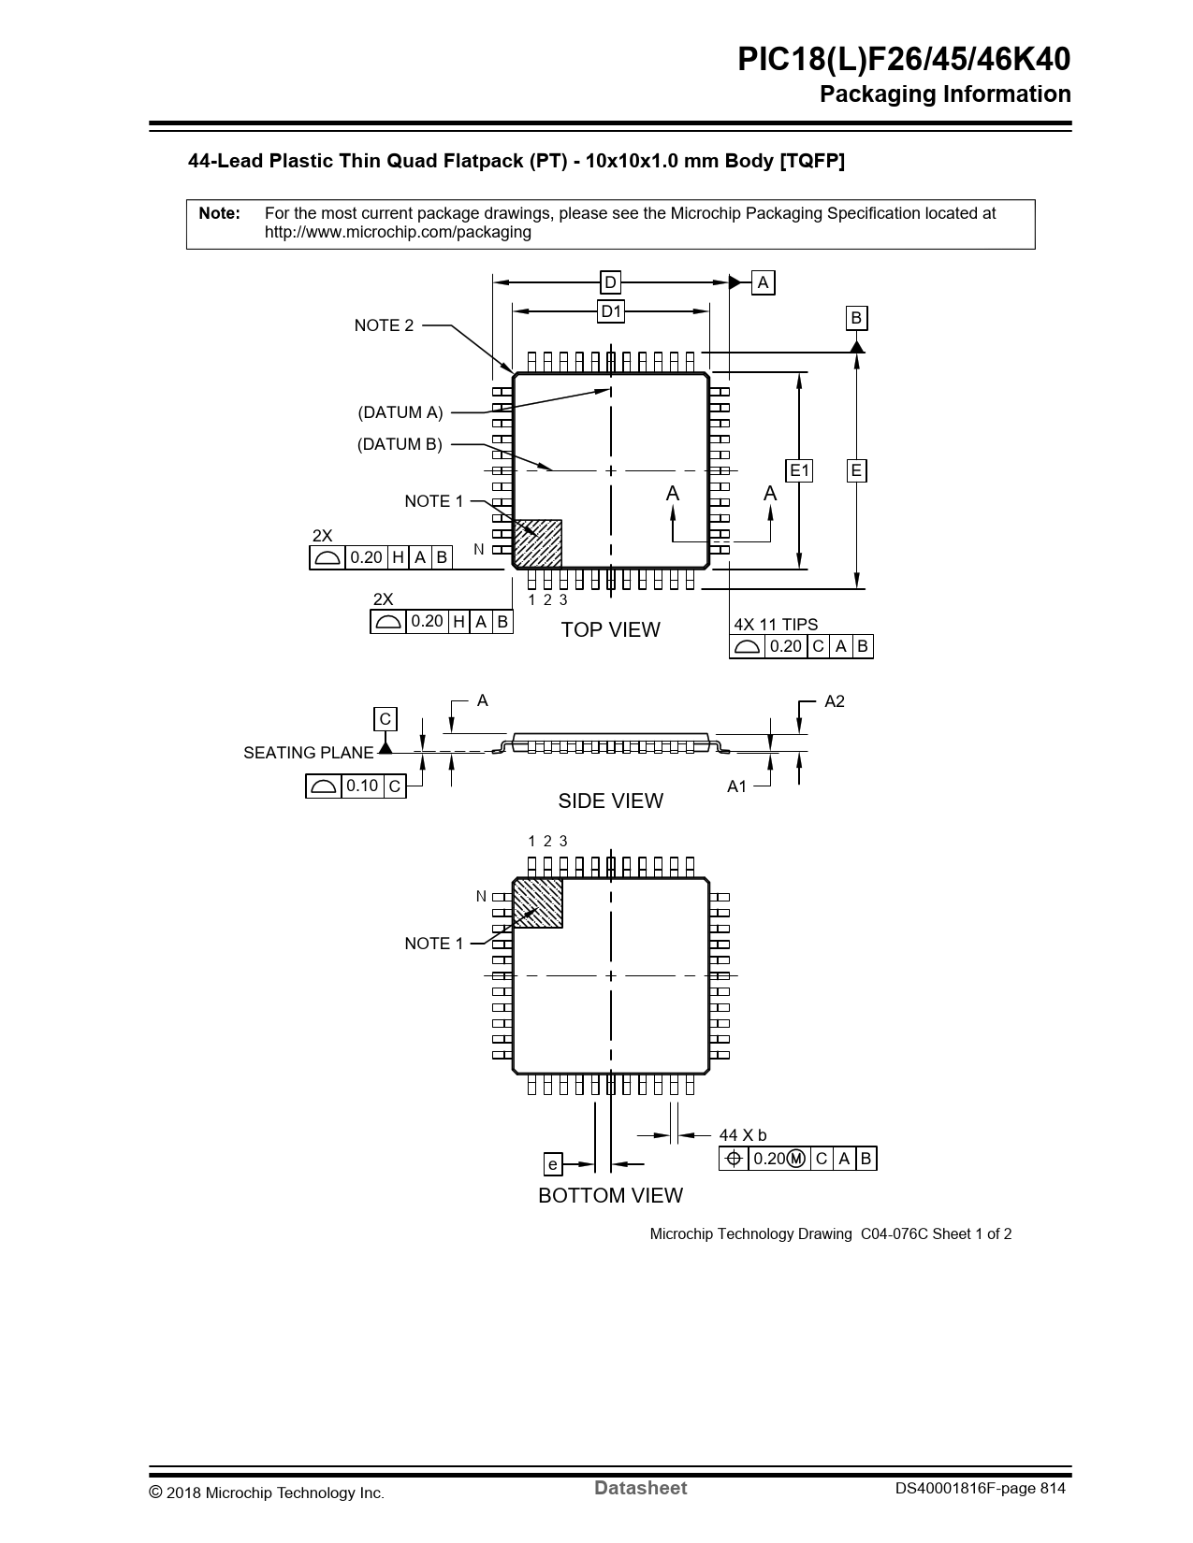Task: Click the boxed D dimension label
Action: [610, 282]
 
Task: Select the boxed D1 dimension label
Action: [611, 311]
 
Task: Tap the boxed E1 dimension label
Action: [799, 470]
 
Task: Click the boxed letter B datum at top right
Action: [855, 319]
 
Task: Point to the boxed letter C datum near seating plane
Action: [385, 719]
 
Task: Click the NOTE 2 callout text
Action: [384, 325]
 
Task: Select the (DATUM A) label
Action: [400, 412]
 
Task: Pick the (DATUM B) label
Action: [400, 444]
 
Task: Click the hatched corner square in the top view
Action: [538, 543]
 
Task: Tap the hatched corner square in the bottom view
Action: [538, 903]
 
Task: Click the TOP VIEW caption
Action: [610, 629]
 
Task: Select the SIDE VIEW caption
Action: [610, 800]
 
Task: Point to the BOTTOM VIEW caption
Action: [610, 1195]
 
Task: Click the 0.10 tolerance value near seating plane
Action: [362, 786]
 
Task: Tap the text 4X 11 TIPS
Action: [776, 625]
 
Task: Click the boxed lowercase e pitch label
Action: [553, 1164]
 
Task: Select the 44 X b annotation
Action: [743, 1135]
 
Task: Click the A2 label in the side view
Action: [834, 701]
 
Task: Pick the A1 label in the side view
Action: [737, 786]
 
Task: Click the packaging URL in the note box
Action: [398, 232]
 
